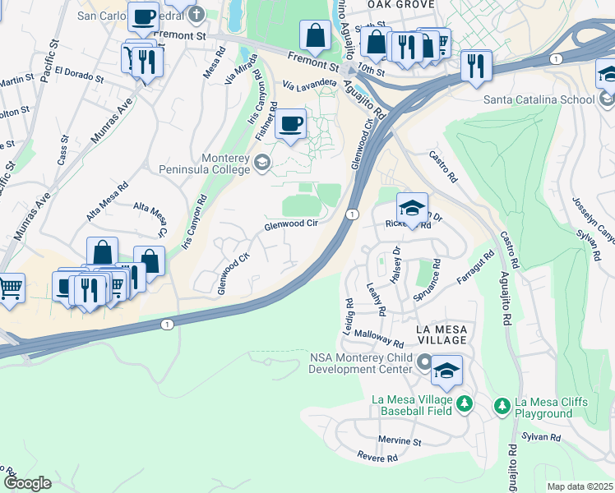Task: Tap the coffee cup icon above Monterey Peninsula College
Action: [x=291, y=125]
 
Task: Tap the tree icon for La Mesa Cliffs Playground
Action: [x=501, y=405]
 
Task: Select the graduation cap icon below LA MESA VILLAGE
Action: [x=446, y=371]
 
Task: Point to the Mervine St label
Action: [x=400, y=441]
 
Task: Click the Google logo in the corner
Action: [x=27, y=483]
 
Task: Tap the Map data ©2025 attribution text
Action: [x=579, y=486]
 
